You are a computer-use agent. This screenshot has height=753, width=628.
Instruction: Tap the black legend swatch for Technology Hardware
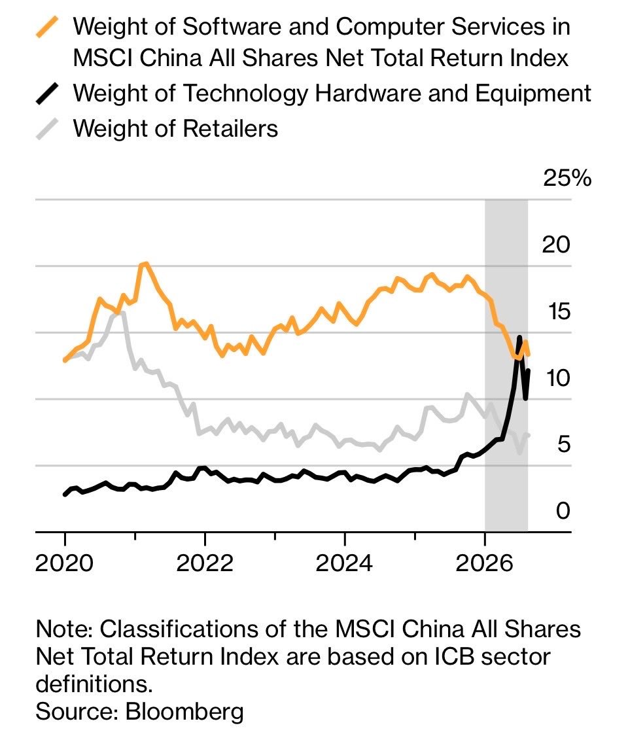coord(48,94)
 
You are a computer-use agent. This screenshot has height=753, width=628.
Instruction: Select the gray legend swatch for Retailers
coord(48,129)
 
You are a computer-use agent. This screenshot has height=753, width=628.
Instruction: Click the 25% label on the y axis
coord(567,179)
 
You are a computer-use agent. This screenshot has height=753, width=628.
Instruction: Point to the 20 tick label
coord(556,245)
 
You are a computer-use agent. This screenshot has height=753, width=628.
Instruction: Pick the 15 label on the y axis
coord(559,311)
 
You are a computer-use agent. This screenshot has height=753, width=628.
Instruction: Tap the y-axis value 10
coord(559,378)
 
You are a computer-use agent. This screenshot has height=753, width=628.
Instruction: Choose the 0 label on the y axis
coord(563,512)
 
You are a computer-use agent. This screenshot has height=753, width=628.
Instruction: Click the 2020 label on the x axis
coord(64,563)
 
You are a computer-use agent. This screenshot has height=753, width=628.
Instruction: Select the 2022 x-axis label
coord(205,563)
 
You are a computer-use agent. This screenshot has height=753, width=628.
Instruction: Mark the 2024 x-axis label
coord(344,563)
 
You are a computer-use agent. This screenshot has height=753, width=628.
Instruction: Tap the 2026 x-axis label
coord(485,563)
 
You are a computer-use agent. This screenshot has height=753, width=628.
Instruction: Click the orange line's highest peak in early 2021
coord(145,264)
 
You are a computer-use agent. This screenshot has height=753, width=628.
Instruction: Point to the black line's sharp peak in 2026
coord(519,338)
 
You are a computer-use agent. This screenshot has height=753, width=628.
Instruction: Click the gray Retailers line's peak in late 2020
coord(122,313)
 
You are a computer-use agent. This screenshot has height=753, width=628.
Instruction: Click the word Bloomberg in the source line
coord(184,712)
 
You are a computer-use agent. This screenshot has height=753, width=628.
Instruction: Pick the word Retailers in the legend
coord(230,129)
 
